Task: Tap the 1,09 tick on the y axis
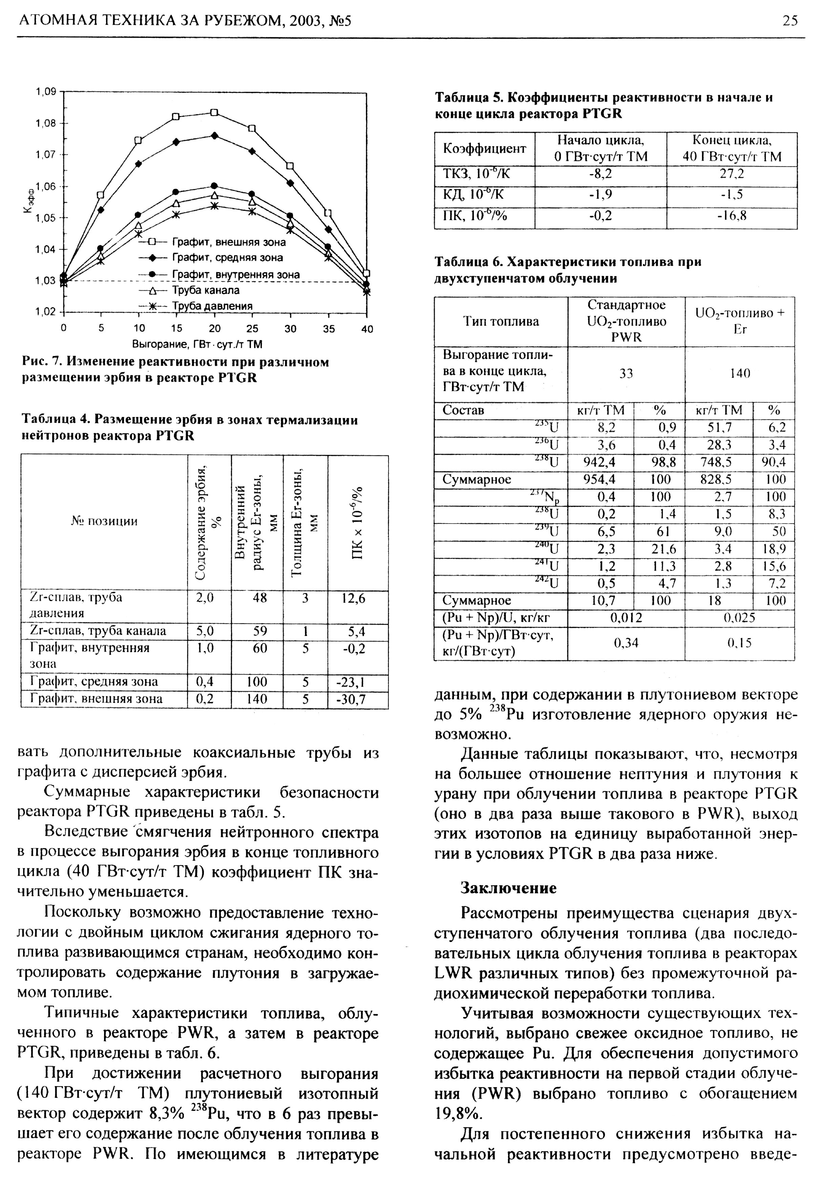(x=45, y=92)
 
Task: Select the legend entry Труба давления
(x=212, y=306)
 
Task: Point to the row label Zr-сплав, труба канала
(x=98, y=631)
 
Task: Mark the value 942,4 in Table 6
(x=600, y=462)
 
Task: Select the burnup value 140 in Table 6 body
(x=739, y=373)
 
